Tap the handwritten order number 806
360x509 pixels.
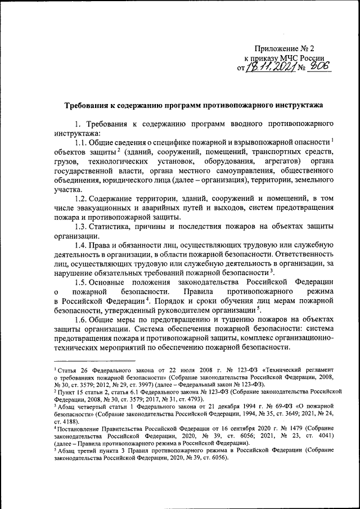(x=317, y=67)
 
